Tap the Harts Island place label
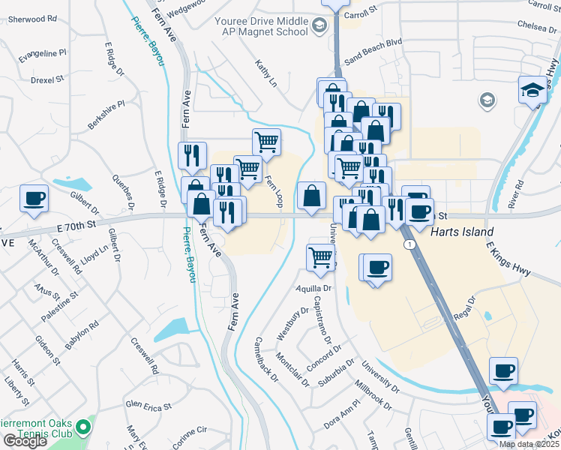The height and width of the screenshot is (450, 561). coord(463,232)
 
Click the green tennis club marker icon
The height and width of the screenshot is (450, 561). coord(83,428)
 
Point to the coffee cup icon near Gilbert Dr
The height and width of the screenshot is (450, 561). coord(34,199)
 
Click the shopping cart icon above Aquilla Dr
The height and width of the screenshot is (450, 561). coord(321,257)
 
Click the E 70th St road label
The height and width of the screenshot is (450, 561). coord(76,223)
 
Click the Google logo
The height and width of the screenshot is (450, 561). coord(25,441)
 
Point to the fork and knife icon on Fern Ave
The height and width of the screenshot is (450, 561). coord(193,155)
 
